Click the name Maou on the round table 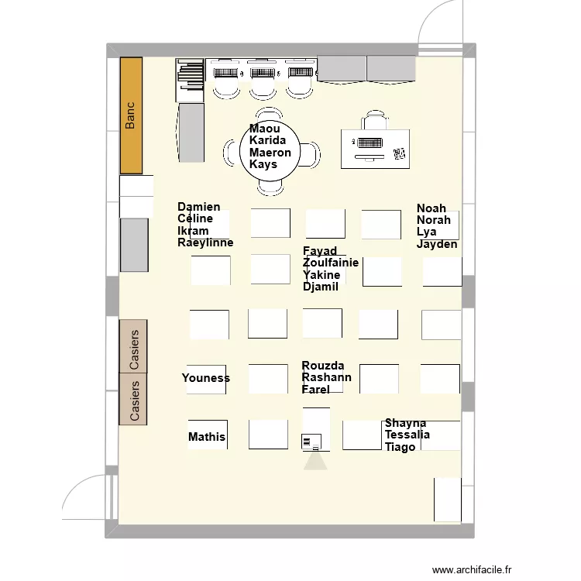tap(264, 129)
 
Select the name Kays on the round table tap(263, 164)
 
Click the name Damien tap(198, 207)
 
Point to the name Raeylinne tap(205, 242)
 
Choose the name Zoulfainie tap(331, 263)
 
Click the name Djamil tap(321, 287)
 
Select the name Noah tap(431, 208)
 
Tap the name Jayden tap(437, 244)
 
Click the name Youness tap(206, 378)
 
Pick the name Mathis tap(207, 437)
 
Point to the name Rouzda tap(323, 366)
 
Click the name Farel tap(315, 389)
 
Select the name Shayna tap(405, 423)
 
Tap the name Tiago tap(400, 447)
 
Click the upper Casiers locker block tap(132, 346)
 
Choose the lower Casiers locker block tap(132, 399)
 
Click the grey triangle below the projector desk tap(316, 462)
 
